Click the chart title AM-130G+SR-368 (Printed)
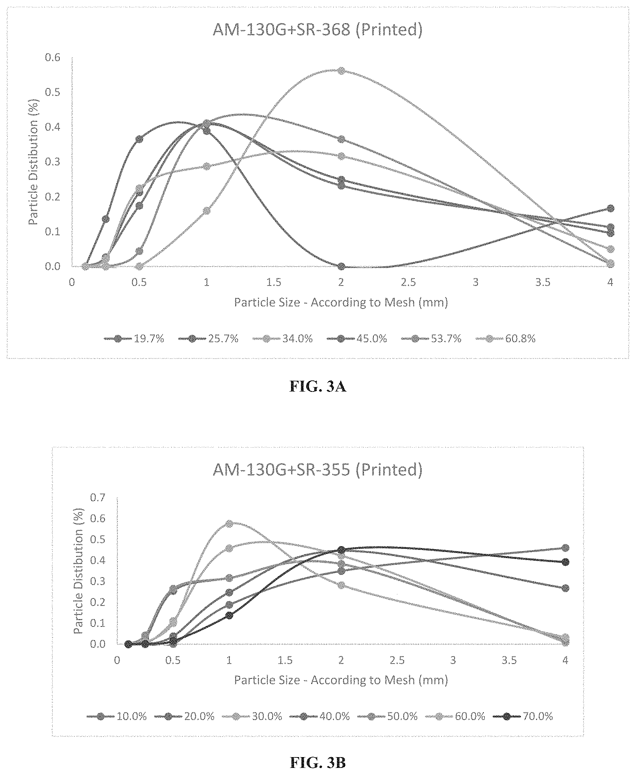tap(317, 29)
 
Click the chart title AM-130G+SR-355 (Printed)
tap(317, 470)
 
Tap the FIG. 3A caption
tap(318, 386)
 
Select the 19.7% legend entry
tap(134, 339)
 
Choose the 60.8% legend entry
tap(506, 339)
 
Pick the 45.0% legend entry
tap(357, 339)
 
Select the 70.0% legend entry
tap(523, 716)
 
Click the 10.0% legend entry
tap(117, 716)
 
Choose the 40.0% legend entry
tap(320, 716)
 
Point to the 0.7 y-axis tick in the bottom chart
tap(98, 498)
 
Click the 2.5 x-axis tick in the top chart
tap(408, 283)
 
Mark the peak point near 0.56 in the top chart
tap(341, 71)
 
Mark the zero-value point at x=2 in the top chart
tap(341, 266)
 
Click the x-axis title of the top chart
tap(341, 302)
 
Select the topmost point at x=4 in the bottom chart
tap(565, 548)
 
